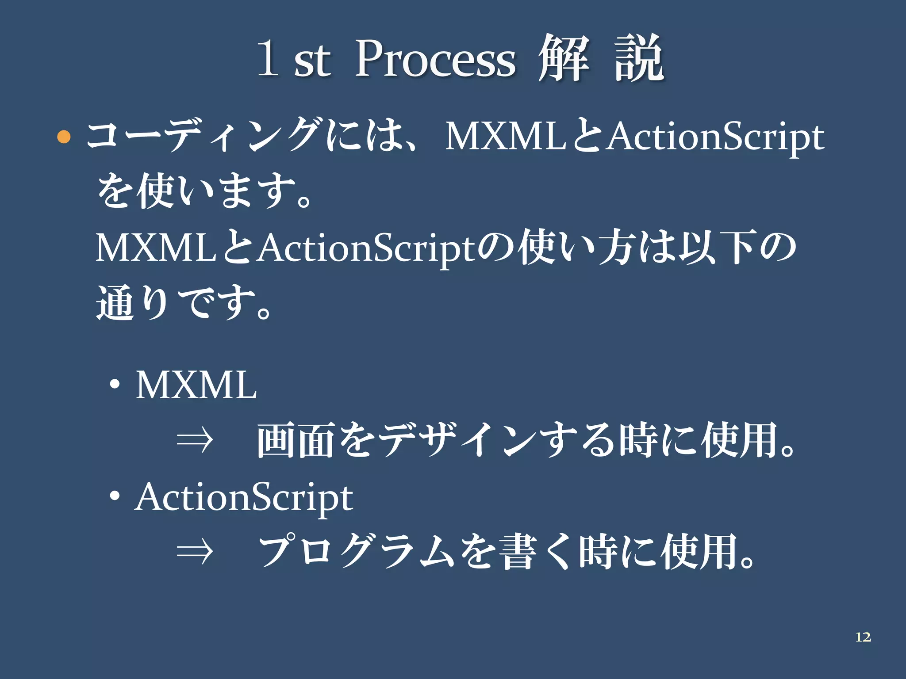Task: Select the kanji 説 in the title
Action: click(x=639, y=58)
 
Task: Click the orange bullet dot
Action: click(x=64, y=137)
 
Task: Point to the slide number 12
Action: click(x=863, y=637)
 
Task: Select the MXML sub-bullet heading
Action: click(x=196, y=385)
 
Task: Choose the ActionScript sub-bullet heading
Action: click(x=244, y=498)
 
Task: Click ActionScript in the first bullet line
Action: click(x=715, y=137)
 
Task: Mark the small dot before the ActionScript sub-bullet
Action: click(x=115, y=497)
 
